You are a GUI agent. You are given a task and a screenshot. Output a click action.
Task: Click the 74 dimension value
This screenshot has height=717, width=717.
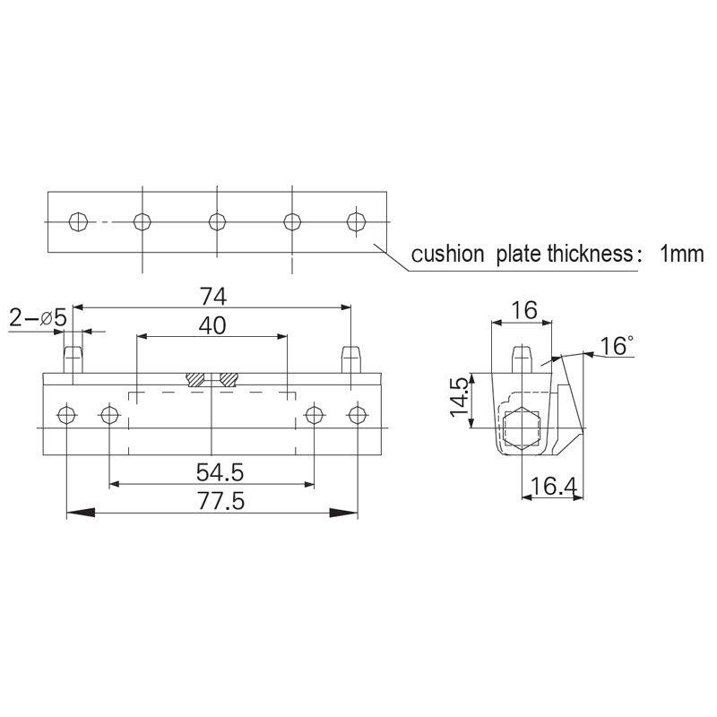(212, 295)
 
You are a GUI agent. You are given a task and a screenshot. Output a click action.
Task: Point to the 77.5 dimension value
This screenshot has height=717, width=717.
(212, 500)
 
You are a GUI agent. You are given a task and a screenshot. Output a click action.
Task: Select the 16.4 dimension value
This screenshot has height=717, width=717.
(552, 488)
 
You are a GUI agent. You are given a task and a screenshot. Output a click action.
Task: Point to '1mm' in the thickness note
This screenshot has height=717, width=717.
(681, 254)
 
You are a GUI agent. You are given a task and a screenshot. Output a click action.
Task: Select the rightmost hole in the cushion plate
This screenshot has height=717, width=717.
(357, 220)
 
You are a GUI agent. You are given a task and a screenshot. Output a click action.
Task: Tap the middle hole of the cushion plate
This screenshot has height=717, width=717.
(217, 220)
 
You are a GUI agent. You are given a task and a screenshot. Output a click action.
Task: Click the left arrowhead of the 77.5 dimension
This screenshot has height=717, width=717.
(81, 513)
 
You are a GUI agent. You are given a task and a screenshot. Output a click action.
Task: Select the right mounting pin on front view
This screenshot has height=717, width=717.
(351, 359)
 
